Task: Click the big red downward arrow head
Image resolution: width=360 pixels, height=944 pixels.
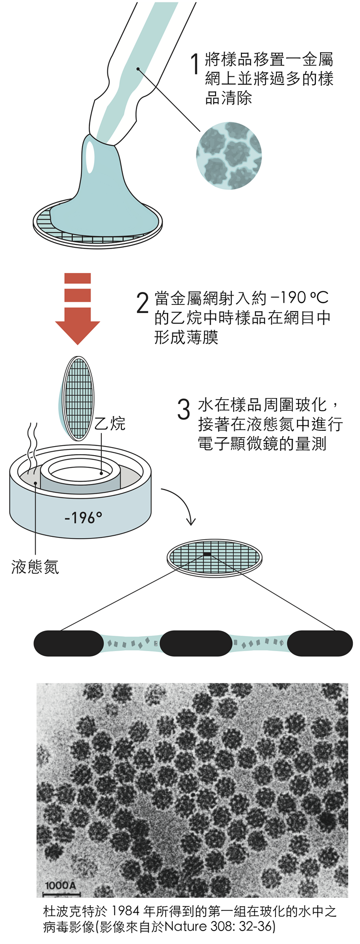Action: (x=77, y=331)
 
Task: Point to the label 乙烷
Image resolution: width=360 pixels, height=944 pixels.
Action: (x=109, y=424)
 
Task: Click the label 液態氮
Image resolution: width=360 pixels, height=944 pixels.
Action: (x=35, y=567)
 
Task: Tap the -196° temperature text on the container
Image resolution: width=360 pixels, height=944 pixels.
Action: (x=83, y=518)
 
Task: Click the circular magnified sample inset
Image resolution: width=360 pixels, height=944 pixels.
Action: (x=229, y=155)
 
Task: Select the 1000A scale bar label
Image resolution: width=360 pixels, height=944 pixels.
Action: (x=60, y=885)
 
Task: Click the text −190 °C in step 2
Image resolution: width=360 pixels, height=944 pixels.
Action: (x=299, y=298)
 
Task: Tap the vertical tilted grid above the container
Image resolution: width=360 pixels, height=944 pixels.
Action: (x=79, y=398)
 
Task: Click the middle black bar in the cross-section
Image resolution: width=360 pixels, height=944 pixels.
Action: (x=196, y=643)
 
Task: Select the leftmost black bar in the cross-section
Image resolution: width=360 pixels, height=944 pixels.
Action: (x=69, y=643)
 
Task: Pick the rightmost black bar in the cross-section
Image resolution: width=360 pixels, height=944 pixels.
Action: (x=320, y=643)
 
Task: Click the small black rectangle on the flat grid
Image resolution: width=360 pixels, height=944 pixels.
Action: (x=207, y=555)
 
